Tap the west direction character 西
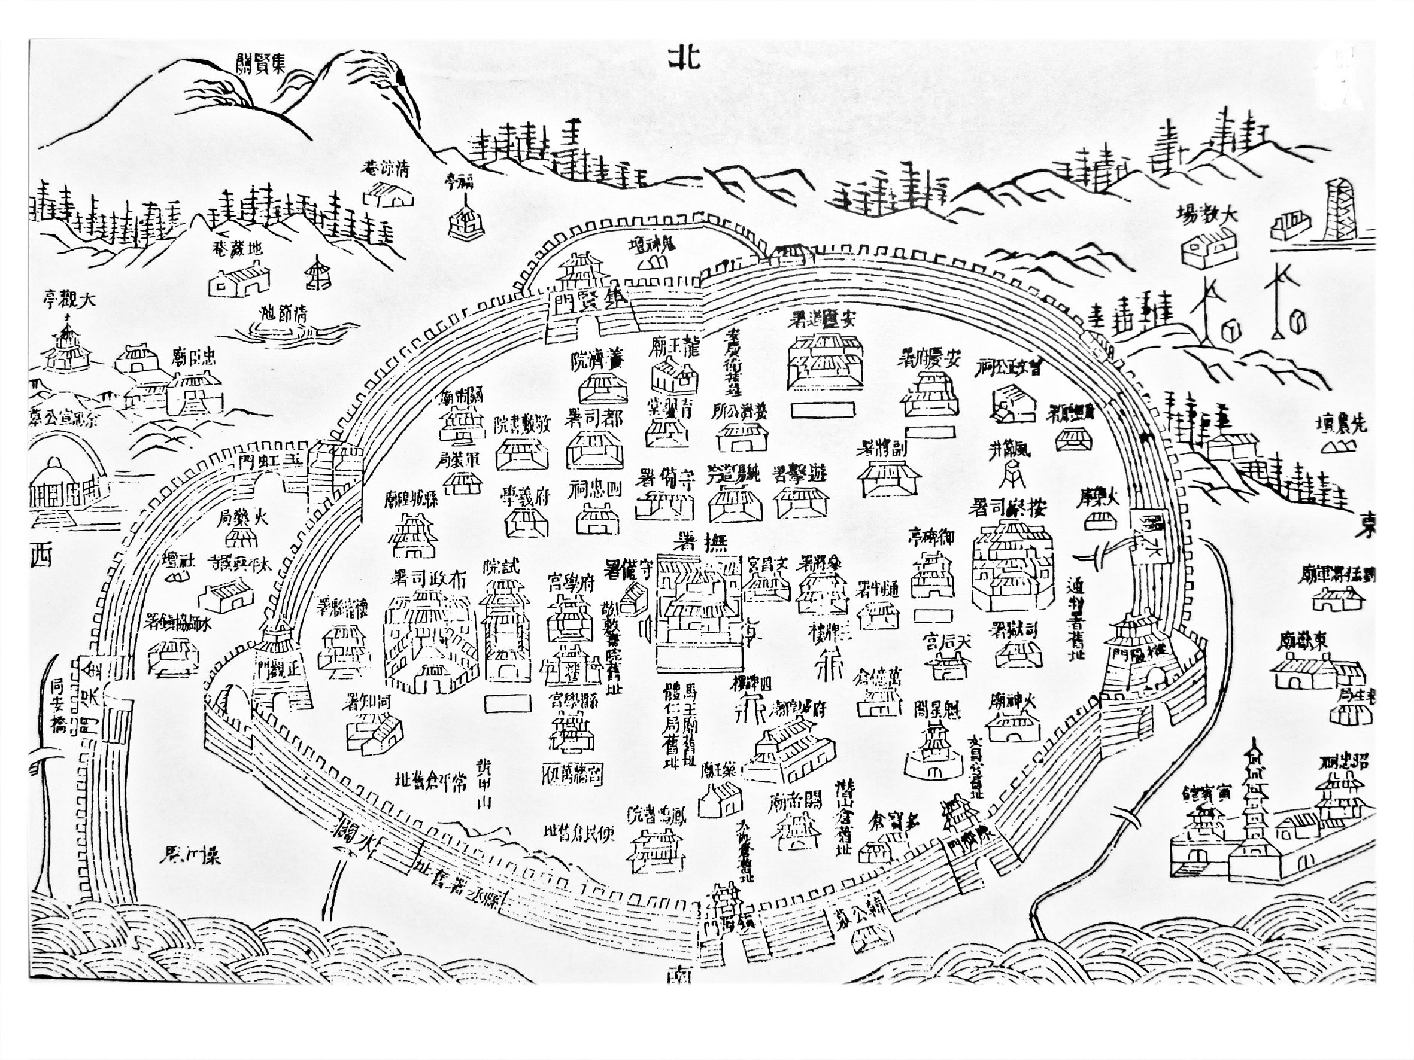40,556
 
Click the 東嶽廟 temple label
1303,641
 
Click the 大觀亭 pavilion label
69,299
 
